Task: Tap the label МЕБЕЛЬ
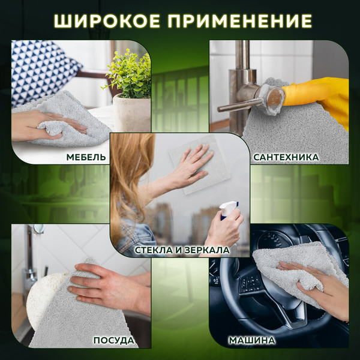coord(87,157)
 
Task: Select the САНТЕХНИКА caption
coord(286,157)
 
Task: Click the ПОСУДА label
coord(113,341)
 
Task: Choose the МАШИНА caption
coord(252,341)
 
